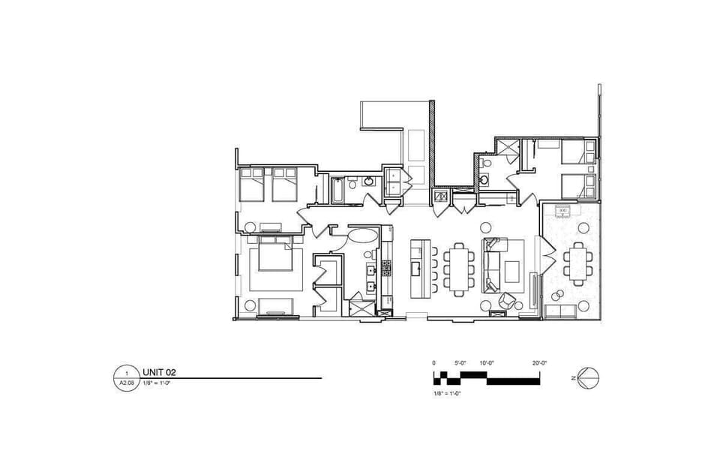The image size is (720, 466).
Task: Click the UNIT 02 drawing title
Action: (158, 371)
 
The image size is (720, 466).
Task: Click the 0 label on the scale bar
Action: (433, 362)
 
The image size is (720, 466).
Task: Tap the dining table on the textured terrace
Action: (578, 263)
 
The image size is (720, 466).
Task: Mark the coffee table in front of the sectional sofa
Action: (514, 269)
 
